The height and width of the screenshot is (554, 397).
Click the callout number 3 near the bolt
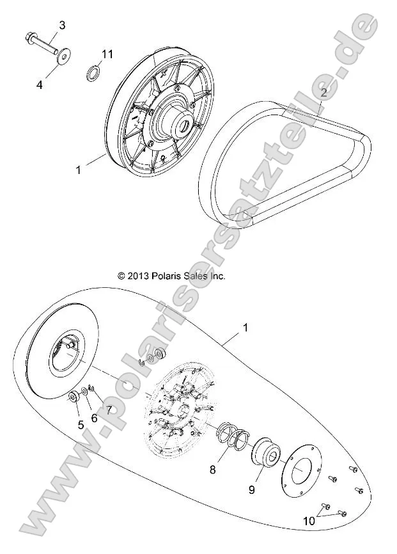pyautogui.click(x=62, y=25)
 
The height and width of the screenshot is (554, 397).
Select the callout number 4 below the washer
pyautogui.click(x=40, y=84)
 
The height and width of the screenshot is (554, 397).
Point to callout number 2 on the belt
pyautogui.click(x=324, y=93)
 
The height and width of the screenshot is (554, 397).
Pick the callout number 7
pyautogui.click(x=109, y=409)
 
